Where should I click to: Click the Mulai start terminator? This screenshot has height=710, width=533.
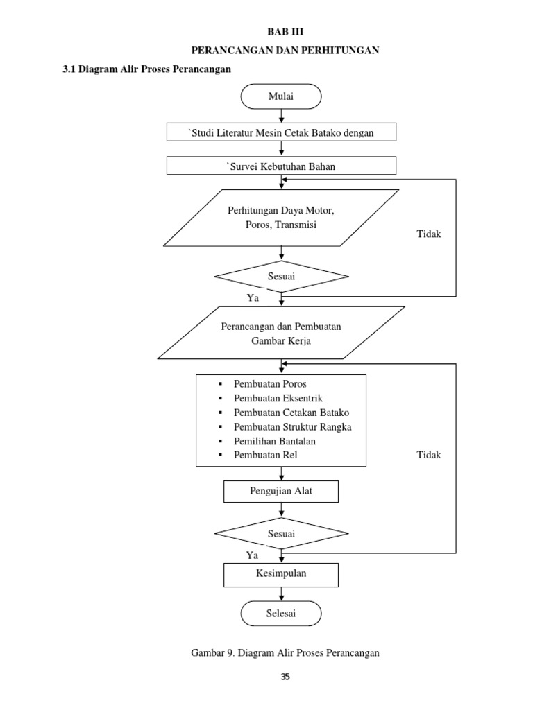281,97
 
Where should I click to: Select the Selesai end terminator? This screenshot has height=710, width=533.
281,614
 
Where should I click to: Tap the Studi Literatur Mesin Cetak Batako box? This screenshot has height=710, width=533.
281,132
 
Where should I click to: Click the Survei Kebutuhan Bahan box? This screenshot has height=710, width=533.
281,166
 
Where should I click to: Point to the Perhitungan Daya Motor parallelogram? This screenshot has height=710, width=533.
281,217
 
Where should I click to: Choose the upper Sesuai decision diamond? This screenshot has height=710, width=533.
281,277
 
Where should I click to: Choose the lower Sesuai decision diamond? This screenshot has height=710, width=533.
281,533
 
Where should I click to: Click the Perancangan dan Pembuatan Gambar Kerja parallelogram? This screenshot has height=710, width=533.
281,333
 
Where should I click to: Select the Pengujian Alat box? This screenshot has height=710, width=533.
281,492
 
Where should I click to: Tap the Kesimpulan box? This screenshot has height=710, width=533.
281,574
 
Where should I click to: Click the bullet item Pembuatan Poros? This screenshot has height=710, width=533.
270,384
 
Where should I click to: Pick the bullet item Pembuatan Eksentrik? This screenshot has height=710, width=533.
278,399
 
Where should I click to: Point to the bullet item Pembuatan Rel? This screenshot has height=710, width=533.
266,456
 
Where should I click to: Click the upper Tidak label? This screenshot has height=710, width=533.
428,234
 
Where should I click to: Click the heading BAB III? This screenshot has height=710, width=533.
285,32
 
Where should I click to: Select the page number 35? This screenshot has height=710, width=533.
285,677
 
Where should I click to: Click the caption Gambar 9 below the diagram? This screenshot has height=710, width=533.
285,653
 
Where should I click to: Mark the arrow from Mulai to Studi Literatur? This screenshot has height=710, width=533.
281,116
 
